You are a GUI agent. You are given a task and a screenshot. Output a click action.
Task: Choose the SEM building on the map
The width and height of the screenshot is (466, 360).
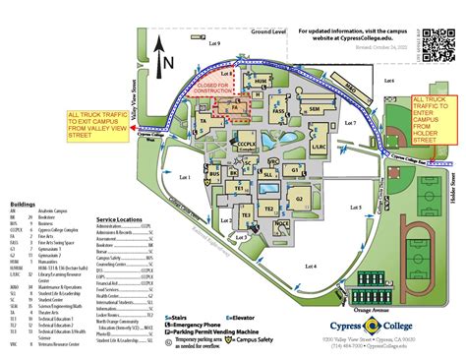coord(315,109)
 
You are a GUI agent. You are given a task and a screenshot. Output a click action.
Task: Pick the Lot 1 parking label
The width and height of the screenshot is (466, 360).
coord(184,177)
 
